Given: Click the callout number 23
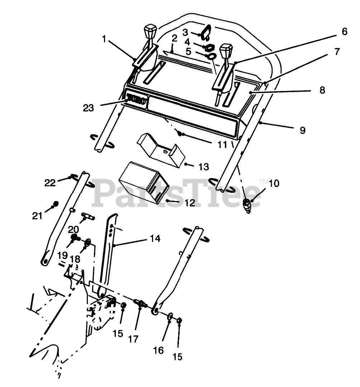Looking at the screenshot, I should point(89,107).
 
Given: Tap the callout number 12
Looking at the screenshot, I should point(190,203).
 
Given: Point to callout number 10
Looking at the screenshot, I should point(273,183).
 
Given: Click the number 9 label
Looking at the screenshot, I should point(303,130).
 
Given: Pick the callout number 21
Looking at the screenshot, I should point(37,216).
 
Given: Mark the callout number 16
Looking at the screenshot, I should point(158,350).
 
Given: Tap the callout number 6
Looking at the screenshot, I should point(344,32).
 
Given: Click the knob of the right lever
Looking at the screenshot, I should point(226,51).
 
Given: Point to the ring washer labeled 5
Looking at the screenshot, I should point(212,57).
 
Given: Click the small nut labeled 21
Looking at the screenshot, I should point(55,205).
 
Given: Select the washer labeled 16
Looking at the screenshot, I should point(170,316).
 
